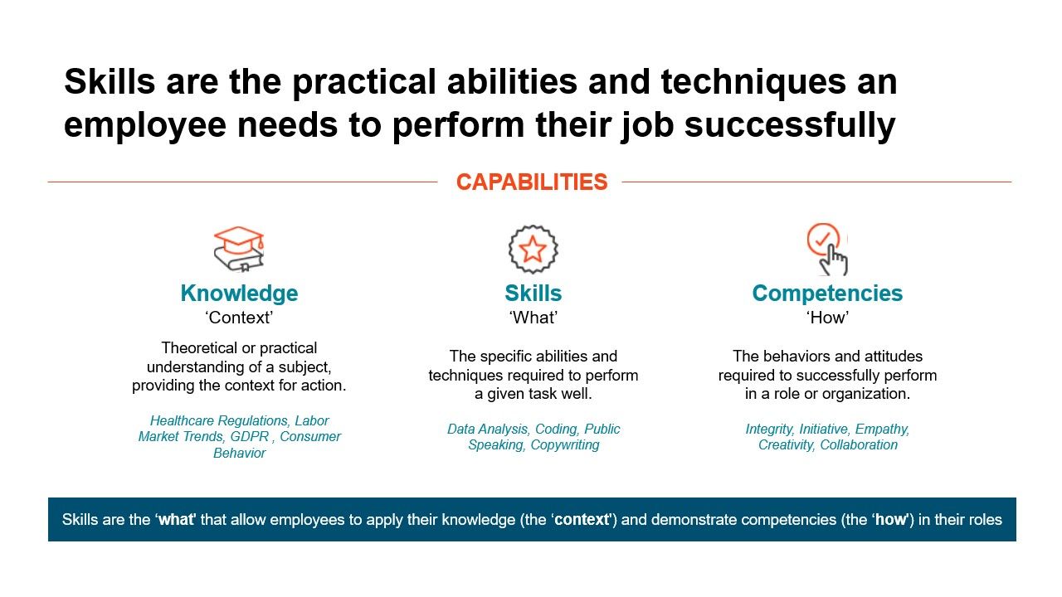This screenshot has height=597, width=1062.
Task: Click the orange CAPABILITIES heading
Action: pos(531,182)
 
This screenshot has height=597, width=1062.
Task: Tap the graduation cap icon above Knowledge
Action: pos(239,249)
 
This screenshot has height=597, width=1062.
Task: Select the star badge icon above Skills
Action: pos(533,249)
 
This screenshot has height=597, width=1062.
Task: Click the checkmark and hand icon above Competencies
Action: pos(827,249)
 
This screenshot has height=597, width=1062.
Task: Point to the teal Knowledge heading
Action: pos(239,294)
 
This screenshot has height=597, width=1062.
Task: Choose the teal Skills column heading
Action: pos(533,294)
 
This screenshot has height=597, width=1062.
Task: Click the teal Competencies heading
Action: pos(827,294)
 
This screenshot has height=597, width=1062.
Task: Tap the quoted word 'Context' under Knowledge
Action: pos(239,318)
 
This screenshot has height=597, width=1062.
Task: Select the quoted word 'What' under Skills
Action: pos(533,318)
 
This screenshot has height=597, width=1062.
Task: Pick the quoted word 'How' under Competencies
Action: pos(827,318)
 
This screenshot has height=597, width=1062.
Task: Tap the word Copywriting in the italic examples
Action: pos(565,445)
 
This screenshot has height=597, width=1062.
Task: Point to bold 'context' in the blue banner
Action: pos(582,520)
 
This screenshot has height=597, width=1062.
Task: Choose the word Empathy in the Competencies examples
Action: pos(882,430)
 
